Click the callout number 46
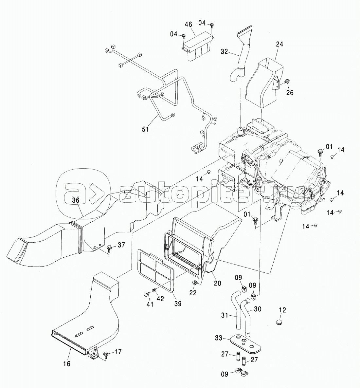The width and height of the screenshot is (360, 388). [188, 25]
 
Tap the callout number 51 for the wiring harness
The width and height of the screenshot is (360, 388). [145, 129]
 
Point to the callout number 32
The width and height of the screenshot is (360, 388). [224, 51]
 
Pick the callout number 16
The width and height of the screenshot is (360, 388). [66, 364]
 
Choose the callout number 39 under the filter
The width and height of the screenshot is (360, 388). [178, 304]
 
